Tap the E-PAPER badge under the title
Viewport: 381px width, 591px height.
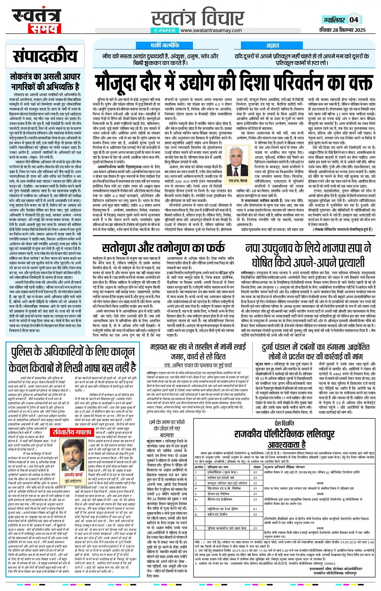[x=164, y=30]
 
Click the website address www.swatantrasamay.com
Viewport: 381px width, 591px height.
[x=211, y=30]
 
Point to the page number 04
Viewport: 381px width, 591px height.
[x=354, y=19]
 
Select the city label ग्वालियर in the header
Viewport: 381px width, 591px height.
[x=334, y=20]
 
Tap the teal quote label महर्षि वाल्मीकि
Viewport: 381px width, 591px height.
[x=164, y=45]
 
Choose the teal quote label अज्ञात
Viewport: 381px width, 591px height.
[x=273, y=45]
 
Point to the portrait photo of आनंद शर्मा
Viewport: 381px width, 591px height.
[x=73, y=455]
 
